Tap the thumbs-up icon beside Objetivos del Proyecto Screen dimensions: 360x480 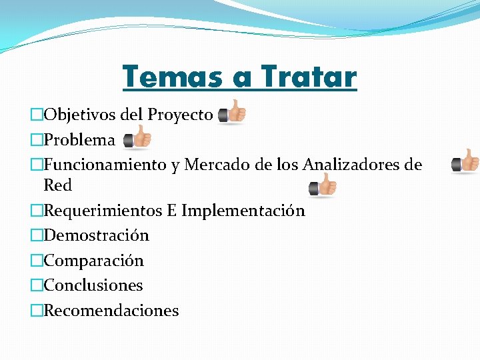232,112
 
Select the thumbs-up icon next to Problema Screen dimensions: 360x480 138,137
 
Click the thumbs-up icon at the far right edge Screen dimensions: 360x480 465,161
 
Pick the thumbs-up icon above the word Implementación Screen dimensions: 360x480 323,186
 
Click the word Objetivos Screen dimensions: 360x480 79,115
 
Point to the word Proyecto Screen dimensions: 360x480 180,115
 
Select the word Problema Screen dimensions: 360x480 79,140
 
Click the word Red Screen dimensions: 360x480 57,185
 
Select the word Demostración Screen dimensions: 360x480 96,235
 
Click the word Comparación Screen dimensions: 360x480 93,261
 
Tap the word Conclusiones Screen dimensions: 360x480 93,285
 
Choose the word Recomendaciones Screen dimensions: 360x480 111,311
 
